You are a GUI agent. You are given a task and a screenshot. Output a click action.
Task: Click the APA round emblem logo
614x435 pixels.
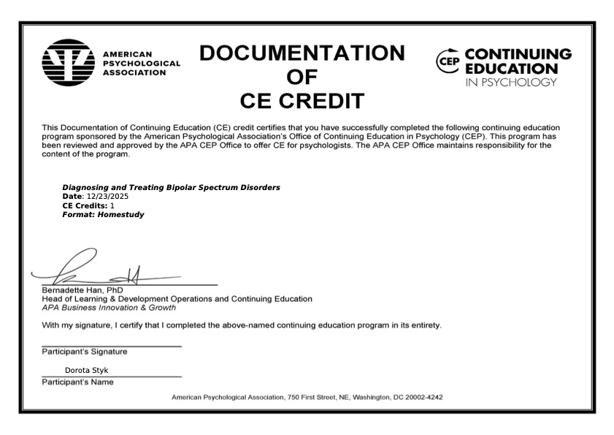tap(69, 63)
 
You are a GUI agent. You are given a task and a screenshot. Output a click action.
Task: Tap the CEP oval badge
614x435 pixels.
tap(448, 61)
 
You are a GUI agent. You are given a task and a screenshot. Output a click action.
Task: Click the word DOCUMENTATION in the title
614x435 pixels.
tap(302, 53)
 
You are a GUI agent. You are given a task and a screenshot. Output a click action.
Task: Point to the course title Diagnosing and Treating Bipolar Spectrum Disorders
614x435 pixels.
tap(171, 188)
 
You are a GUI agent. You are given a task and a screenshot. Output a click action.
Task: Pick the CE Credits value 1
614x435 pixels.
tap(112, 205)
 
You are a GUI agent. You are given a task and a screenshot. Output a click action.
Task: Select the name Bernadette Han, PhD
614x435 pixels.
tap(82, 290)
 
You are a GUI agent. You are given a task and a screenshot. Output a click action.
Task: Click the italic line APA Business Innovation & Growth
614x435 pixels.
tap(109, 308)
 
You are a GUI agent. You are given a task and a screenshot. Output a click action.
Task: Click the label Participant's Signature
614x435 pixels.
tap(84, 352)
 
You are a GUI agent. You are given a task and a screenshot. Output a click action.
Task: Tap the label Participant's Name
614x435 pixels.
tap(77, 382)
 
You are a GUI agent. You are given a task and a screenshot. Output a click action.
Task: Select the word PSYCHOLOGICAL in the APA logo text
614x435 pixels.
tap(141, 64)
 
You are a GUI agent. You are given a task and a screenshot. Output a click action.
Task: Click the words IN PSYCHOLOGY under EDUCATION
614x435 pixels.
tap(510, 82)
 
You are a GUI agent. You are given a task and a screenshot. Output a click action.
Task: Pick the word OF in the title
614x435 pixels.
tap(302, 77)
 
